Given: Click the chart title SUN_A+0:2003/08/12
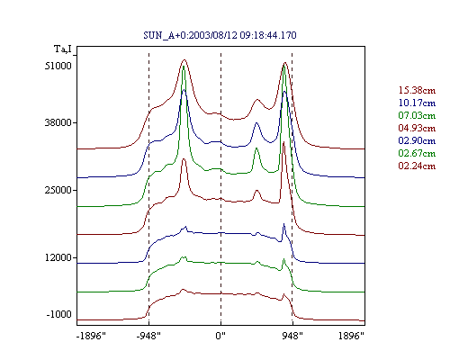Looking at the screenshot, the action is tap(190, 35).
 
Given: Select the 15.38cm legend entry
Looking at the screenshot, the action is tap(417, 90).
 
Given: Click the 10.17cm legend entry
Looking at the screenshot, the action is tap(417, 103).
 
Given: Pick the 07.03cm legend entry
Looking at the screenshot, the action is tap(417, 115).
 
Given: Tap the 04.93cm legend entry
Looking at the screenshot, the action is tap(417, 128).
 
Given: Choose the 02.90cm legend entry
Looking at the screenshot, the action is tap(417, 140).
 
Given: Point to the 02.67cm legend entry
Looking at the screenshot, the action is tap(417, 153).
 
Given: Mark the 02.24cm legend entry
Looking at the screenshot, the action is tap(417, 166).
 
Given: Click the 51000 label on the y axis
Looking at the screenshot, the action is tap(58, 66).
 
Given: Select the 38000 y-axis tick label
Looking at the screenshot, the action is tap(58, 122).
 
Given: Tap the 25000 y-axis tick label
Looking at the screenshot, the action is tap(58, 190).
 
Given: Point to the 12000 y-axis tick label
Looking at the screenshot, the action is tap(58, 257).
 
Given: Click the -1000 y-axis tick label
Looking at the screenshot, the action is tap(59, 314).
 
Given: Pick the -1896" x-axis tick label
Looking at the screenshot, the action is tap(91, 336).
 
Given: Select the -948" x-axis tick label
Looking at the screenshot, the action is tap(148, 336).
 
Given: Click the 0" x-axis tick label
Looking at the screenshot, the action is tap(220, 336).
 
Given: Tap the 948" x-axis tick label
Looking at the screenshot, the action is tap(292, 336).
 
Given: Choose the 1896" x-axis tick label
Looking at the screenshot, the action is tap(351, 336).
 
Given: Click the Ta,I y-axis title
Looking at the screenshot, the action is tap(63, 49).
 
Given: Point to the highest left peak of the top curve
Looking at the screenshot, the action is tap(184, 59).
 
